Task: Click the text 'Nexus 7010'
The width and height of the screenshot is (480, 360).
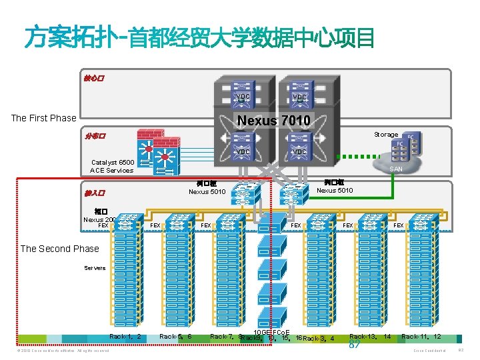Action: [273, 121]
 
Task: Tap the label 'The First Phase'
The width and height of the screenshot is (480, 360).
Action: [43, 118]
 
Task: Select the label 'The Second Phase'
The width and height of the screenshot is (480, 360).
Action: [59, 249]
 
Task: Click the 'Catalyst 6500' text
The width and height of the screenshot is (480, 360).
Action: [113, 162]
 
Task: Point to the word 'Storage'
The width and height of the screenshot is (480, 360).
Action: [385, 135]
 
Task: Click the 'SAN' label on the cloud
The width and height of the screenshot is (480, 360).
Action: [396, 169]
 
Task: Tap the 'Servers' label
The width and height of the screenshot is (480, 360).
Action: [95, 268]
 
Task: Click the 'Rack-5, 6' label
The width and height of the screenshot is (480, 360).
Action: [175, 337]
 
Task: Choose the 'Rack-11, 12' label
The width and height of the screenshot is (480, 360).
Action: [421, 337]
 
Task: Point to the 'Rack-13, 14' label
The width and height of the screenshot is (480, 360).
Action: [370, 337]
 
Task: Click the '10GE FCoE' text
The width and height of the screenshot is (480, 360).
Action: [271, 332]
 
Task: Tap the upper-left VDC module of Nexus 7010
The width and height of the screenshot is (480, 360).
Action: [243, 97]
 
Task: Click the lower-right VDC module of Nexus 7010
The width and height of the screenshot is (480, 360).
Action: [299, 152]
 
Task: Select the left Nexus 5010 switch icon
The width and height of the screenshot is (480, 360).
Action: [243, 194]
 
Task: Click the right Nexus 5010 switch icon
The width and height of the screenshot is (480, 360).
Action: [292, 194]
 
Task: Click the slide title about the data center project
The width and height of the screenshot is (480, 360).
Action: [199, 38]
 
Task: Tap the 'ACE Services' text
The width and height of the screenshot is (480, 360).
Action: [111, 170]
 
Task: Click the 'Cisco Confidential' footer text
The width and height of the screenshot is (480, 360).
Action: [429, 350]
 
